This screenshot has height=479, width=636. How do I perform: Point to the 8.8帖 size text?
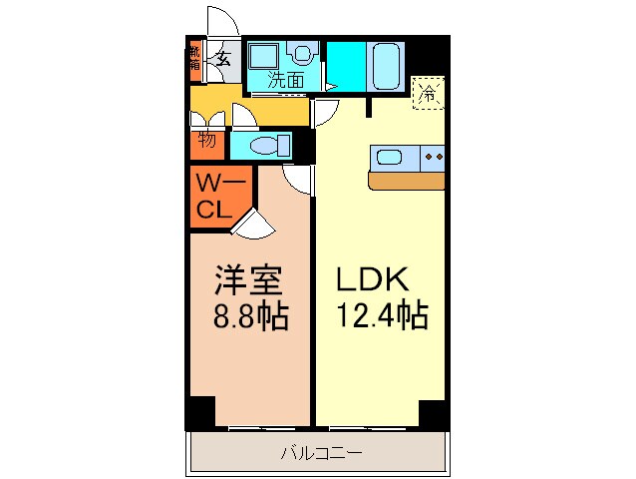[x=249, y=317]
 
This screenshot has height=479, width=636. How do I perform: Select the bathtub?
[x=386, y=66]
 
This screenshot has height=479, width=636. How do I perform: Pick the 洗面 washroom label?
[x=286, y=81]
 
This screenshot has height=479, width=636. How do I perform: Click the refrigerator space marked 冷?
[x=428, y=95]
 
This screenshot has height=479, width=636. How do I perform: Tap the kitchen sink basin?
[x=388, y=157]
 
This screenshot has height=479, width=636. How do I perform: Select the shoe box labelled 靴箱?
[x=193, y=59]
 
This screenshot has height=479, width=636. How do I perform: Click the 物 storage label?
[x=207, y=140]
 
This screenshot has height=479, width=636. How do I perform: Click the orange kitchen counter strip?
[x=409, y=181]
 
